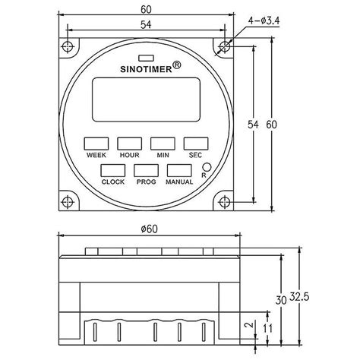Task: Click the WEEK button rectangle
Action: coord(96,143)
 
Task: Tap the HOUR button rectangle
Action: coord(129,143)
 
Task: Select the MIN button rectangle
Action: coord(162,143)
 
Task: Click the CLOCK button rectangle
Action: coord(112,171)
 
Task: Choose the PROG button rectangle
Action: coord(146,171)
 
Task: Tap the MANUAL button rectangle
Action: coord(179,171)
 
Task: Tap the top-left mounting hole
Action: coord(68,46)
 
